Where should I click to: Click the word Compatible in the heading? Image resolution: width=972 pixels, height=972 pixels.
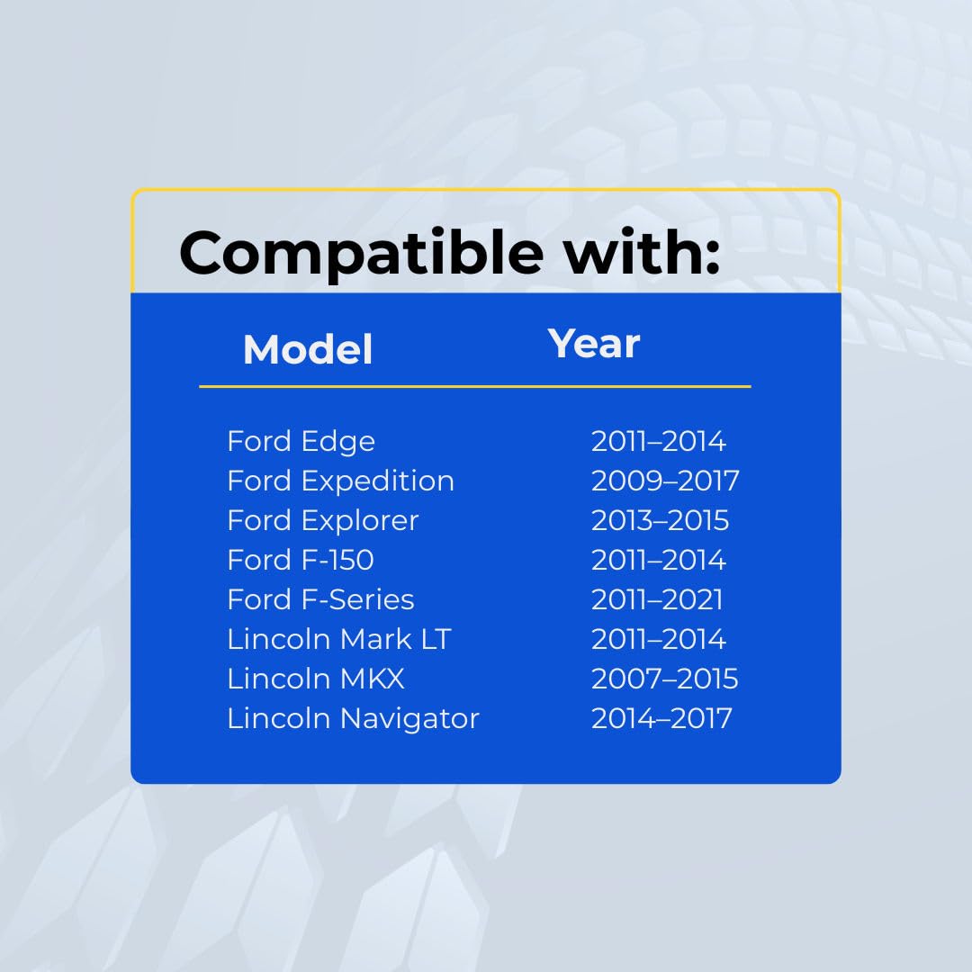361,254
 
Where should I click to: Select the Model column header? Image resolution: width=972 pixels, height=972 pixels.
308,349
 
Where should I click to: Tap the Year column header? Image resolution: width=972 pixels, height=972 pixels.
593,344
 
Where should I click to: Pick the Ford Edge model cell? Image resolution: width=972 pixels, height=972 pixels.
301,442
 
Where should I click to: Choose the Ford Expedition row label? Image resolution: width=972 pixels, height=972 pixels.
341,481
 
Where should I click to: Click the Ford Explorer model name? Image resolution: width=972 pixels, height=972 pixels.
323,521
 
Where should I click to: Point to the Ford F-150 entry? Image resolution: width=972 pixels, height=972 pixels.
301,561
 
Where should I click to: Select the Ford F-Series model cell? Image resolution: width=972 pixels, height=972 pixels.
320,600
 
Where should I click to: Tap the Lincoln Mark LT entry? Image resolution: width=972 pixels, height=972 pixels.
339,640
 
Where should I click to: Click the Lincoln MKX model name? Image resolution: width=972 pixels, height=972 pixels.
316,679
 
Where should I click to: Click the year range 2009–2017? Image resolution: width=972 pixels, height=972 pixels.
665,481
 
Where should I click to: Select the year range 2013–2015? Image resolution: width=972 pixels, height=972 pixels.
661,521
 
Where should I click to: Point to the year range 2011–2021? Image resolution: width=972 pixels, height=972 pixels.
657,600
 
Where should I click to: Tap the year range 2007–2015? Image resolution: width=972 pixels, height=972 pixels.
664,679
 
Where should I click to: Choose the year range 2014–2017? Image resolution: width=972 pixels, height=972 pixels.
661,719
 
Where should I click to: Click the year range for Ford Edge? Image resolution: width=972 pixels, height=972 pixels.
658,441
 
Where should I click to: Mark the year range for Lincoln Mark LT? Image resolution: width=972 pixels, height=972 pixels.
658,640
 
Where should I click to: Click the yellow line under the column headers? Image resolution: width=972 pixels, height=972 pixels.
475,386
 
